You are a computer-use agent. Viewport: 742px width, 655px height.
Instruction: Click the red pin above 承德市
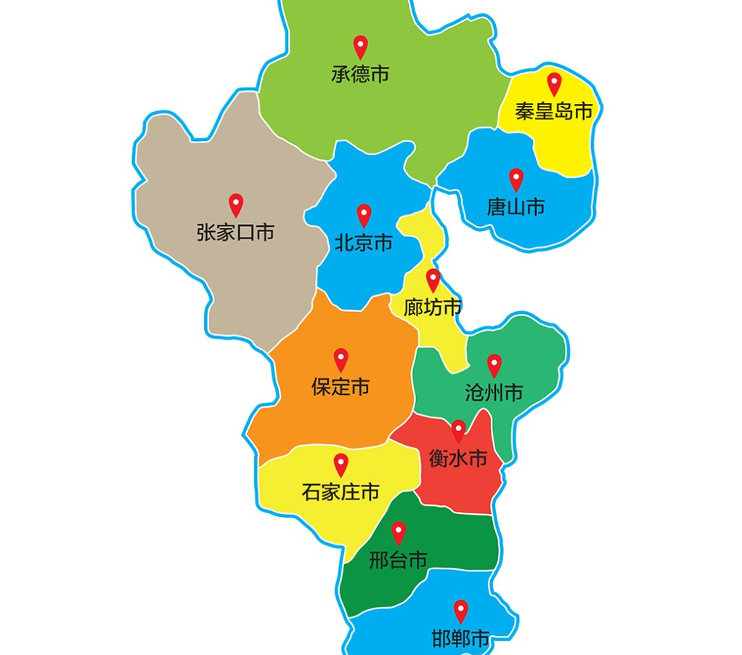tap(360, 46)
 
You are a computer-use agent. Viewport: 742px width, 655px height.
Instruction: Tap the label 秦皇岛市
tap(554, 111)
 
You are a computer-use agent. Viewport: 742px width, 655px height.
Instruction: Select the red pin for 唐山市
tap(516, 178)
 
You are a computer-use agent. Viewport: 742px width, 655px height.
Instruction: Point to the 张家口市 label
tap(235, 233)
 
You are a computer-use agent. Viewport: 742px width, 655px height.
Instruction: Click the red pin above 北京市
tap(364, 214)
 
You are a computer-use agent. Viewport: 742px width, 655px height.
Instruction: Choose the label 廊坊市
tap(433, 308)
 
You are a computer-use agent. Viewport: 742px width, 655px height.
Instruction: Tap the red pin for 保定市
tap(341, 358)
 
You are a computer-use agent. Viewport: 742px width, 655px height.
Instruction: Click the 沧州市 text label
tap(494, 393)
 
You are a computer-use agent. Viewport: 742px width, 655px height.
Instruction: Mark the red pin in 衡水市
tap(459, 430)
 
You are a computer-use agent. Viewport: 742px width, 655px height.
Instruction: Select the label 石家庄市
tap(341, 492)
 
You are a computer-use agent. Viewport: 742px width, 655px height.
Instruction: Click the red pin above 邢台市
tap(398, 531)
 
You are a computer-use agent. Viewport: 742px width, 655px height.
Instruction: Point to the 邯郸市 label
tap(460, 639)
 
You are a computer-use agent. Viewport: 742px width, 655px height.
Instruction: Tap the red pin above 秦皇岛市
tap(555, 83)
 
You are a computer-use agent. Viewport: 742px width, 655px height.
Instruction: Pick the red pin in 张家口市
tap(236, 204)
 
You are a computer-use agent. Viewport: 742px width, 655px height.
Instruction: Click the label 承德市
tap(360, 74)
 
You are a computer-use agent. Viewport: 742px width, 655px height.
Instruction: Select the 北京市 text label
tap(364, 243)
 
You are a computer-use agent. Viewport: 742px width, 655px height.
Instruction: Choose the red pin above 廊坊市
tap(433, 278)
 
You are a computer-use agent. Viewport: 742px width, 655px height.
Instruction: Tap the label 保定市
tap(341, 387)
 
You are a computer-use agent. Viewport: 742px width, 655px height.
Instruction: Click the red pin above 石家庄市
tap(341, 463)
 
